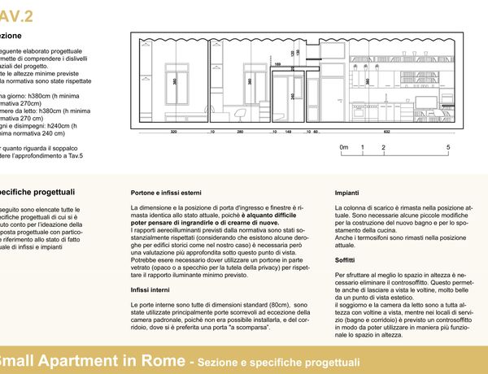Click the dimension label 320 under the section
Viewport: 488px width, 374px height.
pyautogui.click(x=173, y=131)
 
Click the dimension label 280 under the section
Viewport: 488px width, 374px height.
pyautogui.click(x=240, y=131)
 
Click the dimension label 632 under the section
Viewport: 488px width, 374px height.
pyautogui.click(x=387, y=131)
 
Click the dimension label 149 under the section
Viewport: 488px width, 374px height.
pyautogui.click(x=289, y=131)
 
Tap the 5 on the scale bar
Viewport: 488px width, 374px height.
pyautogui.click(x=448, y=147)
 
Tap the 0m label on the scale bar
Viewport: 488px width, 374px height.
pyautogui.click(x=344, y=147)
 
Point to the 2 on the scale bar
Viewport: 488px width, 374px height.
pyautogui.click(x=383, y=147)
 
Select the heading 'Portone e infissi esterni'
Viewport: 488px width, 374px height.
pyautogui.click(x=166, y=193)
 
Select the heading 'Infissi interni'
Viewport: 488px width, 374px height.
pyautogui.click(x=150, y=289)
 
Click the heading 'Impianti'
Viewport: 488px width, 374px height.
pyautogui.click(x=348, y=193)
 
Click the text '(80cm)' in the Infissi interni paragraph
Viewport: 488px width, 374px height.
pyautogui.click(x=272, y=302)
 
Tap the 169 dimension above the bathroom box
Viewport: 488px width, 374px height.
pyautogui.click(x=278, y=63)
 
